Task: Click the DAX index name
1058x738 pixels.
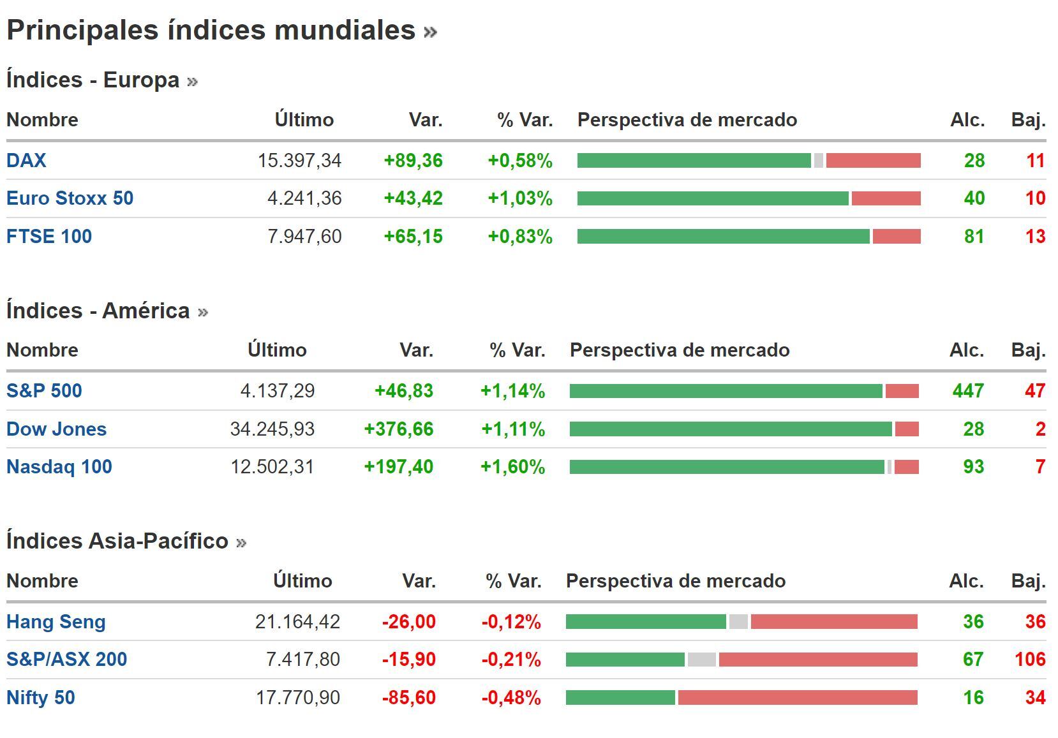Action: pos(26,160)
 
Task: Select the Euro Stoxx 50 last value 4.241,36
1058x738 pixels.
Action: pos(304,198)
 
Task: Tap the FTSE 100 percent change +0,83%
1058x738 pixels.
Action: pos(519,237)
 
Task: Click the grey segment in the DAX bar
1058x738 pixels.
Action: pos(818,161)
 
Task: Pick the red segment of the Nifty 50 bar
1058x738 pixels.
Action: pos(797,698)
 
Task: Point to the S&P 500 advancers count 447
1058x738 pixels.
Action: pos(967,390)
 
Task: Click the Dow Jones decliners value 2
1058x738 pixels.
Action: pos(1040,429)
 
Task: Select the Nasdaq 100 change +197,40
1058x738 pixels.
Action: pos(398,467)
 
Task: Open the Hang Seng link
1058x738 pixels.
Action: pos(56,621)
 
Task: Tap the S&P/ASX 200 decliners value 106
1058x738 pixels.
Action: pos(1030,659)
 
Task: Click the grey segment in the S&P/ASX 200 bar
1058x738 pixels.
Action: pos(701,660)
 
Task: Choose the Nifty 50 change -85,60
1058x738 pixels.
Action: pos(408,697)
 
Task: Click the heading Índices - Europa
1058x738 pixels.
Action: pos(93,80)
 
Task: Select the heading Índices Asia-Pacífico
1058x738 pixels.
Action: pos(117,541)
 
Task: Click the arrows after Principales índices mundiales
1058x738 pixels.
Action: pos(430,32)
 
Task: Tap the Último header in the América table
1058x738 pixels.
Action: pos(277,350)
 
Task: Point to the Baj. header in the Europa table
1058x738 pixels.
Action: pos(1028,120)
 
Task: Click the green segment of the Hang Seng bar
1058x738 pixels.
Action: pos(645,622)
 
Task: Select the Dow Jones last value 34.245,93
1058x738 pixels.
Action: pos(272,429)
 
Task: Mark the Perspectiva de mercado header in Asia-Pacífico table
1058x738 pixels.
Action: pos(675,581)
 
